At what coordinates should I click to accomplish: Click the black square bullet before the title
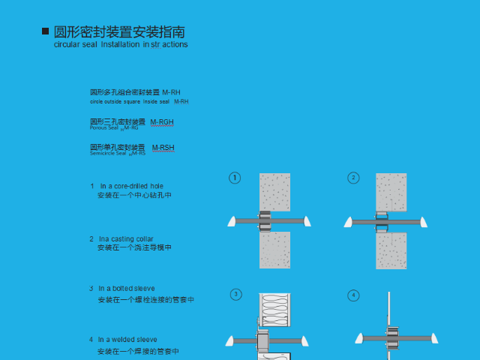(x=45, y=31)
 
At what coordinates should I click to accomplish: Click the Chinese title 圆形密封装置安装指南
(x=118, y=31)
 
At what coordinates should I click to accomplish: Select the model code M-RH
(x=171, y=92)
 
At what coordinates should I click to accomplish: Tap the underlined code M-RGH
(x=162, y=121)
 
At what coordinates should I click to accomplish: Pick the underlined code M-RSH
(x=163, y=148)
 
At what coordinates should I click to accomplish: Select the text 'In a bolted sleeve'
(x=127, y=288)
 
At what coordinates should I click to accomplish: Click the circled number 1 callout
(x=235, y=178)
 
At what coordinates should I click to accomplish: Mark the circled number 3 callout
(x=235, y=295)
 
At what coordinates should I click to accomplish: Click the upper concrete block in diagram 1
(x=274, y=192)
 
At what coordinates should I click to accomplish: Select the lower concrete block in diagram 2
(x=391, y=250)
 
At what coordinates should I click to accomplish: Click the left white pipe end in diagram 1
(x=232, y=221)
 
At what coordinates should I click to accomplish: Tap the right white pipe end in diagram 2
(x=424, y=222)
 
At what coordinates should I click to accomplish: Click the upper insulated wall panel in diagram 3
(x=274, y=308)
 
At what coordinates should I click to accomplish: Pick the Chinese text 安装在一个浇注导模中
(x=134, y=247)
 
